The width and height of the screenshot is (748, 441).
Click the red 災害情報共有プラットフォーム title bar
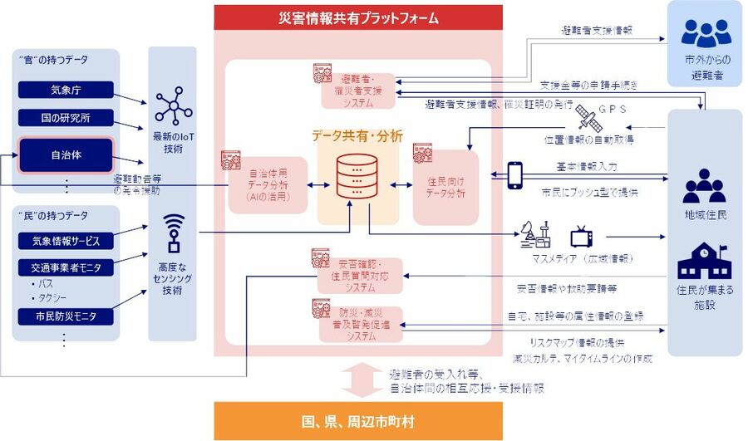[358, 17]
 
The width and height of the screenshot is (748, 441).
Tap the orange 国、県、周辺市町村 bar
[358, 421]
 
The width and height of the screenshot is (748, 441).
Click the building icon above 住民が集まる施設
[703, 262]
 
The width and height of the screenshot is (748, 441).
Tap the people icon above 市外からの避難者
[706, 32]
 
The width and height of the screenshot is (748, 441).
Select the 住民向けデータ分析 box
[446, 187]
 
